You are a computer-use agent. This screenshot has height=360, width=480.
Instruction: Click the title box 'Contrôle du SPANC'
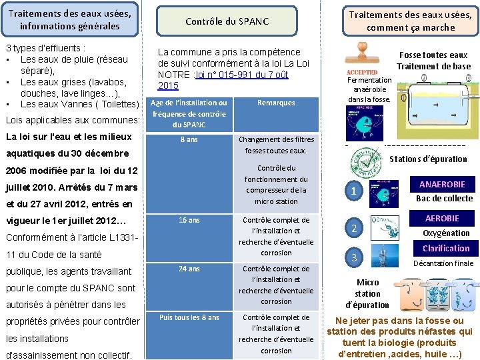click(227, 21)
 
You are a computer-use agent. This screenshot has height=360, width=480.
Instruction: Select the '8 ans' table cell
click(189, 140)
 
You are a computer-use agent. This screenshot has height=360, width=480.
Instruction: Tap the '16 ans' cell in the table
click(189, 220)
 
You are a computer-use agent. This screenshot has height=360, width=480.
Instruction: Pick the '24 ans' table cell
click(189, 269)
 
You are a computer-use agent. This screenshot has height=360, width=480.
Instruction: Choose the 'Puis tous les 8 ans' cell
click(189, 317)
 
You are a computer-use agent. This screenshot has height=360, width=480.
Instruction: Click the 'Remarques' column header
click(276, 103)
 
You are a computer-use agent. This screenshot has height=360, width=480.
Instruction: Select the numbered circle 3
click(355, 257)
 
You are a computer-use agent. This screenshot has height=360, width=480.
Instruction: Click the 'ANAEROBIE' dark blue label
click(442, 184)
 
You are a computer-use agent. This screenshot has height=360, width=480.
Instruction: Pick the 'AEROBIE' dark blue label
click(442, 219)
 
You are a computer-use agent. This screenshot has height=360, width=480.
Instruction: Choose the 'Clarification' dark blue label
click(445, 248)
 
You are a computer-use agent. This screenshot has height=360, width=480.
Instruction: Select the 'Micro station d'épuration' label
click(367, 293)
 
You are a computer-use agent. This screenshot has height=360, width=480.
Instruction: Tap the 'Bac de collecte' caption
click(444, 198)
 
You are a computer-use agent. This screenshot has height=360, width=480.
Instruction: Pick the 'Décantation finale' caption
click(443, 263)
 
